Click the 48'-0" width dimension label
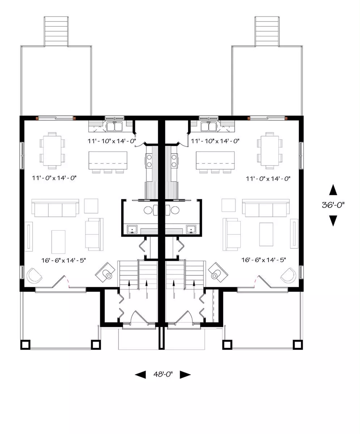click(x=163, y=374)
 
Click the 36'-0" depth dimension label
click(x=333, y=205)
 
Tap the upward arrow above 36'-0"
click(x=333, y=190)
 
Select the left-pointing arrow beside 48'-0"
click(x=140, y=375)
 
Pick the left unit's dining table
click(x=52, y=151)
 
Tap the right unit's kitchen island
click(x=215, y=160)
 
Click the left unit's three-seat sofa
click(x=55, y=208)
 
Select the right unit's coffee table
click(x=266, y=234)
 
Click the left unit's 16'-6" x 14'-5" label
click(x=64, y=260)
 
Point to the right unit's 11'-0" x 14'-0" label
click(x=268, y=179)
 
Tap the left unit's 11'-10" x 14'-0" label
click(x=112, y=141)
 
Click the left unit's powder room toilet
click(x=151, y=210)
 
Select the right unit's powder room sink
click(x=191, y=229)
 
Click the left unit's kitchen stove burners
click(x=149, y=161)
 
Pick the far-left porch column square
click(x=25, y=345)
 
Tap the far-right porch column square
click(x=298, y=345)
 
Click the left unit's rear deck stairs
click(x=56, y=31)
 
